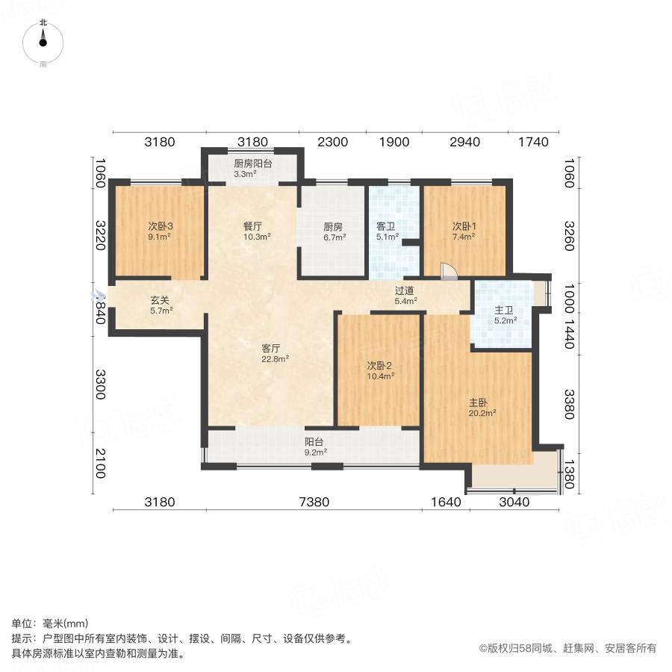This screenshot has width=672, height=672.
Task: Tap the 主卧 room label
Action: click(478, 402)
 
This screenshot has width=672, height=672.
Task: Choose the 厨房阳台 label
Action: click(252, 164)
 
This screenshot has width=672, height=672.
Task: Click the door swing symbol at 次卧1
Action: click(448, 271)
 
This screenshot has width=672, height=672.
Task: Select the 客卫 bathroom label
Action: click(385, 227)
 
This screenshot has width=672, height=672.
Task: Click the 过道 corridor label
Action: click(405, 291)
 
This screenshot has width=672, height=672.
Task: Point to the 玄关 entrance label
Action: click(160, 301)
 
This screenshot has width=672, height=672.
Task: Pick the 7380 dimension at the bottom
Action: click(314, 503)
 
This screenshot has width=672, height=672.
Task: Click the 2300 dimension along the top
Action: click(332, 142)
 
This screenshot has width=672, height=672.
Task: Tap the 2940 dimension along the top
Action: click(464, 142)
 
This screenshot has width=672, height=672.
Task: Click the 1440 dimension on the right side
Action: click(570, 336)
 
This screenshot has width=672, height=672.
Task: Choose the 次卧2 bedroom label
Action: click(379, 366)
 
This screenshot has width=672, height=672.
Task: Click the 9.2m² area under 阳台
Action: click(314, 452)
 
